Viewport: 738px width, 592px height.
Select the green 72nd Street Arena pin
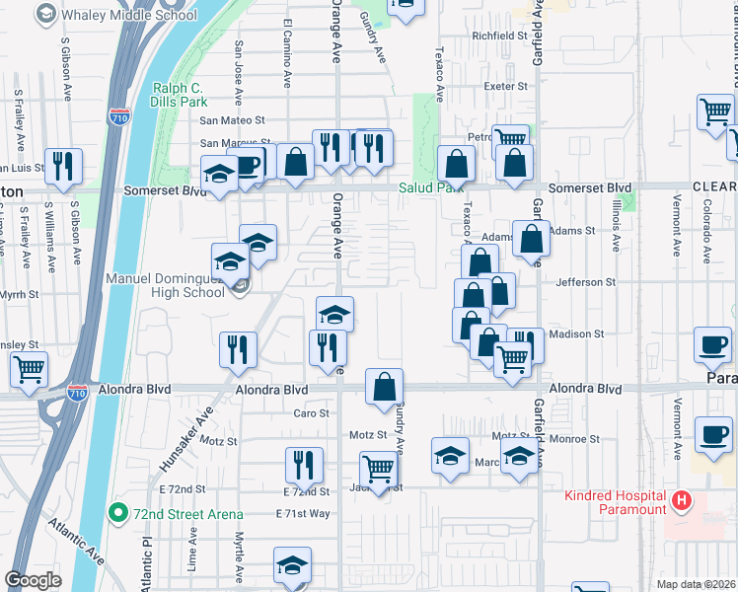pyautogui.click(x=117, y=512)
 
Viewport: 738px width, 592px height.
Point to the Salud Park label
pyautogui.click(x=430, y=188)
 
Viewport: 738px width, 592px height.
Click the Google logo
pyautogui.click(x=33, y=580)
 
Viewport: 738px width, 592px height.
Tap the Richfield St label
pyautogui.click(x=499, y=36)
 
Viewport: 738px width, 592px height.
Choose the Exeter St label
pyautogui.click(x=506, y=87)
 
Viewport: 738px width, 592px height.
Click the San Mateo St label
pyautogui.click(x=234, y=119)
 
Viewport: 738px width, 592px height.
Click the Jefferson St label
pyautogui.click(x=584, y=282)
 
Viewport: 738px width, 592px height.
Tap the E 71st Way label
pyautogui.click(x=303, y=513)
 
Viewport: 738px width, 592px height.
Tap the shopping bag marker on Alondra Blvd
pyautogui.click(x=384, y=388)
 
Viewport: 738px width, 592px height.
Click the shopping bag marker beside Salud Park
pyautogui.click(x=457, y=163)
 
